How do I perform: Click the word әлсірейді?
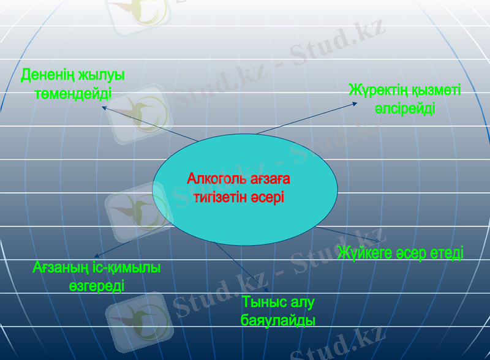(405, 109)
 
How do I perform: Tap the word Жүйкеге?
(366, 252)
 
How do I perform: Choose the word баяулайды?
(279, 320)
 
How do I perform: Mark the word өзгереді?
(97, 285)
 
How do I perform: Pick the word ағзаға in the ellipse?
(269, 179)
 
